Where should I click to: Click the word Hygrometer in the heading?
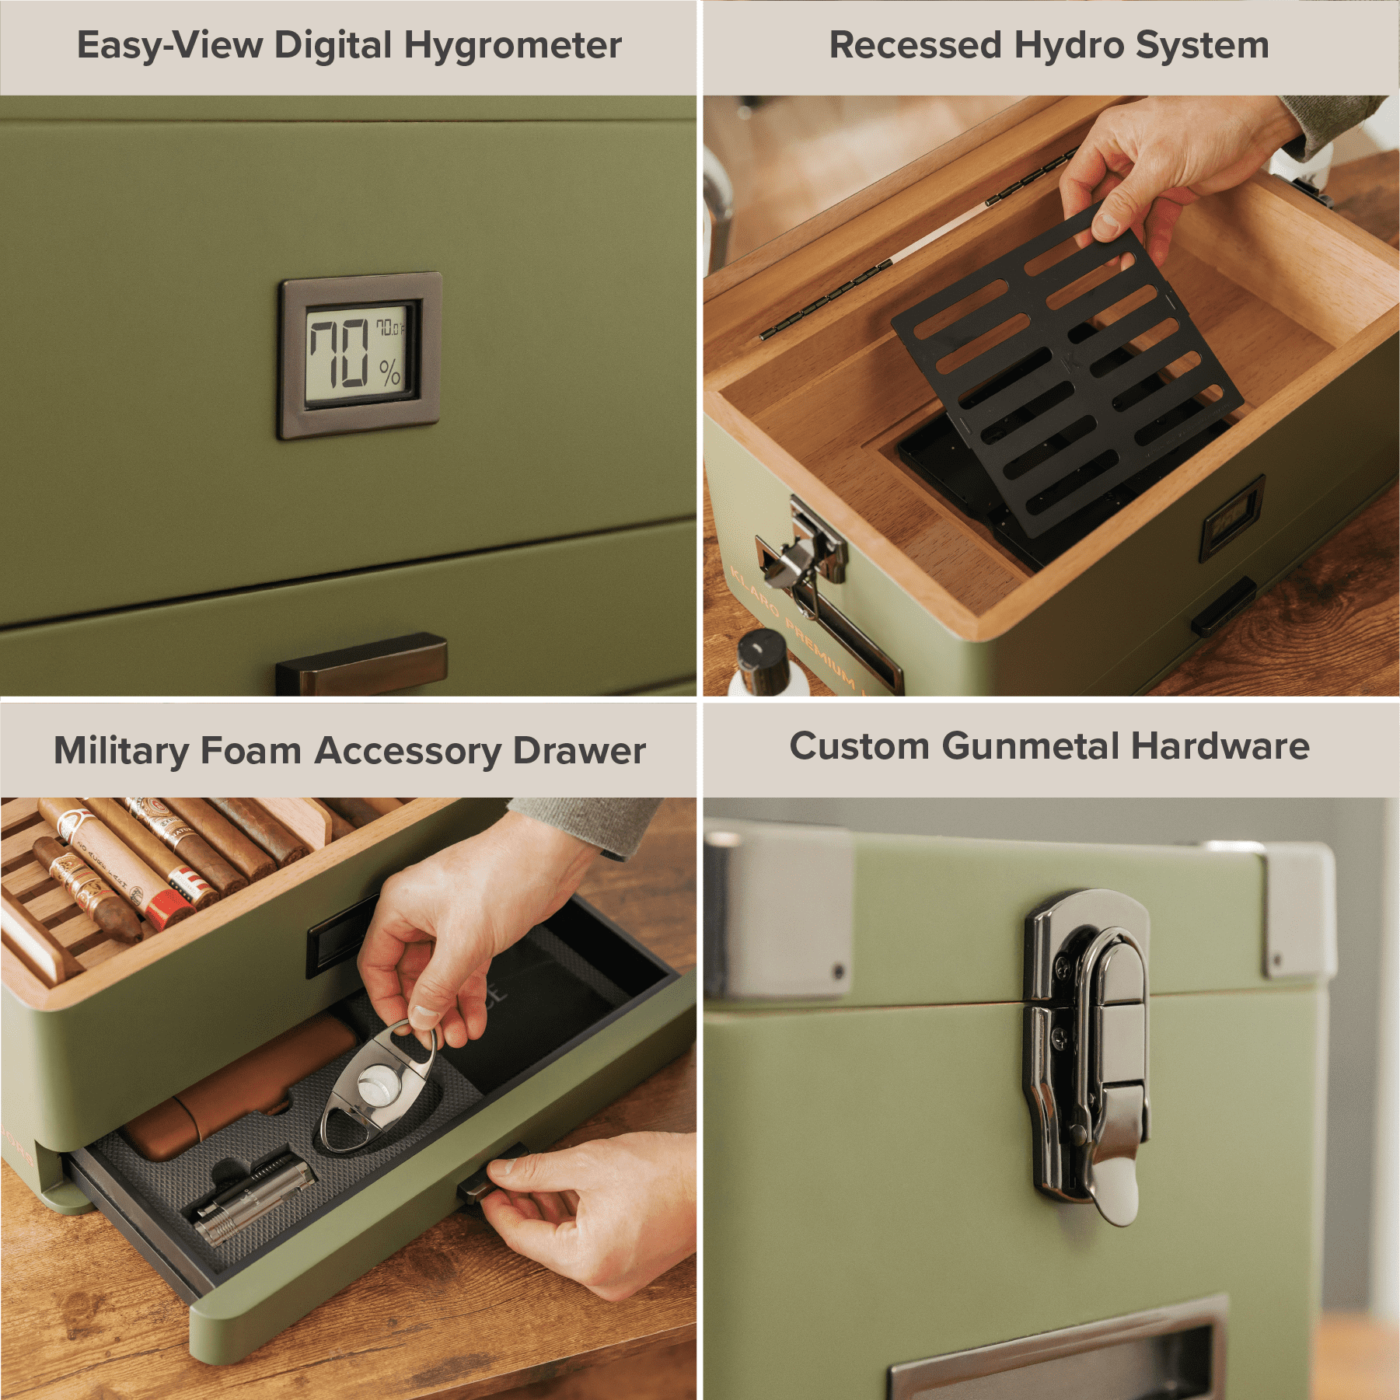pyautogui.click(x=512, y=46)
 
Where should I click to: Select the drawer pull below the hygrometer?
pyautogui.click(x=361, y=665)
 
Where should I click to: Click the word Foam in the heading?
pyautogui.click(x=250, y=751)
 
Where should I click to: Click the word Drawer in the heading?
pyautogui.click(x=579, y=751)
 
